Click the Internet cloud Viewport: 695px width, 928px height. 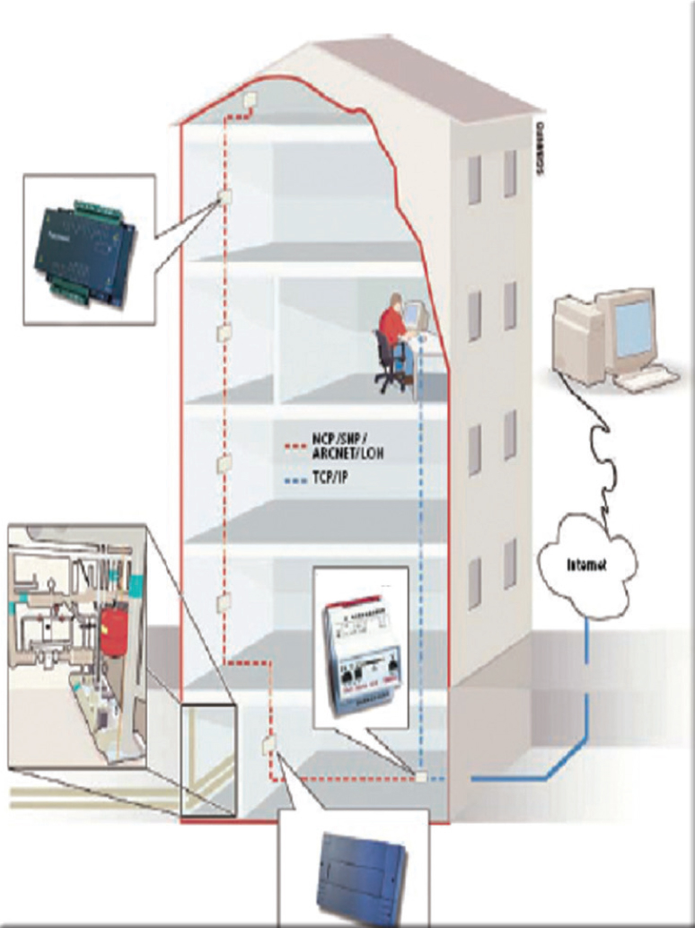[588, 565]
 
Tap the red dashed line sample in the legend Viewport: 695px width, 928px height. [292, 443]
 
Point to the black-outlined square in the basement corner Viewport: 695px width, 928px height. [208, 760]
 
